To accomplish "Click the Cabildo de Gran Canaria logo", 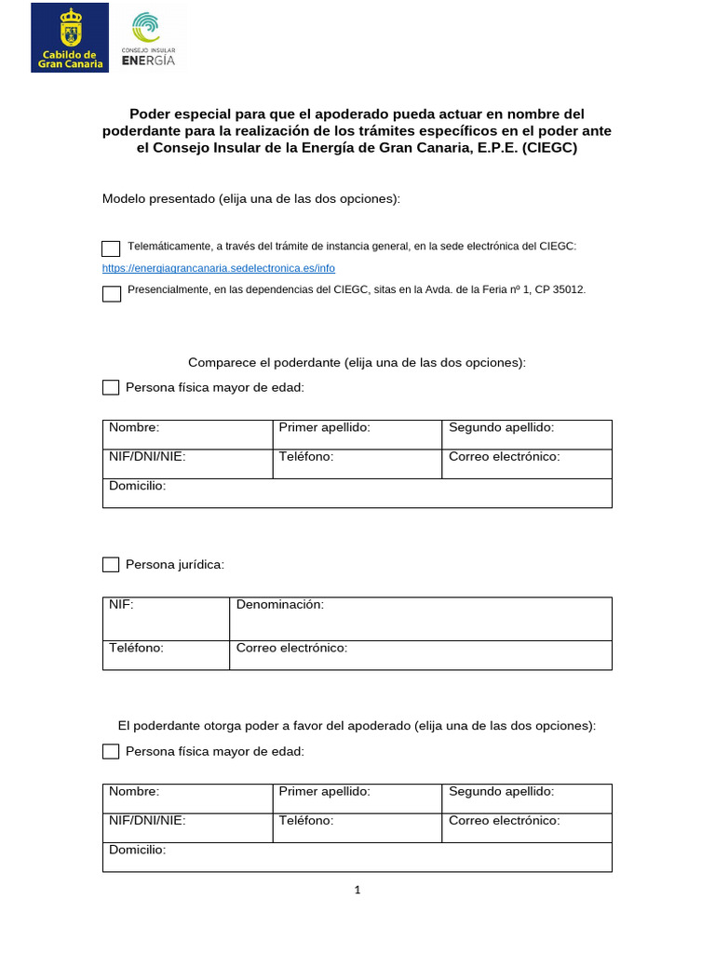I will pyautogui.click(x=69, y=37).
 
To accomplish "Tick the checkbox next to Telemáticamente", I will pyautogui.click(x=111, y=248).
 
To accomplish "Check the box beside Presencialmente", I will pyautogui.click(x=111, y=294).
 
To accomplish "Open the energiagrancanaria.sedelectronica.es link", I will pyautogui.click(x=218, y=268).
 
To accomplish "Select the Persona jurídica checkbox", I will pyautogui.click(x=111, y=564).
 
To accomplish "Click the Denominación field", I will pyautogui.click(x=420, y=619).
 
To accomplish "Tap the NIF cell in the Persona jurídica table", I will pyautogui.click(x=166, y=619).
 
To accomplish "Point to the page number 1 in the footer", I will pyautogui.click(x=357, y=890).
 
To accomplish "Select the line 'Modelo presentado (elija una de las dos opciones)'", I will pyautogui.click(x=251, y=199).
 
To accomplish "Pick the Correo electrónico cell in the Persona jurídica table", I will pyautogui.click(x=420, y=655).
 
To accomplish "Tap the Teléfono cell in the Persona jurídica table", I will pyautogui.click(x=166, y=655).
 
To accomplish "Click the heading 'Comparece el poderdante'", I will pyautogui.click(x=357, y=362).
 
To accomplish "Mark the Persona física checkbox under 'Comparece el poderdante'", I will pyautogui.click(x=111, y=387).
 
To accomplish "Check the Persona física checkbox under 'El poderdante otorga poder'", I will pyautogui.click(x=111, y=751).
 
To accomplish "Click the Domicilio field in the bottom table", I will pyautogui.click(x=357, y=857).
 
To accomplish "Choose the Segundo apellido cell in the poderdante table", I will pyautogui.click(x=526, y=435).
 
